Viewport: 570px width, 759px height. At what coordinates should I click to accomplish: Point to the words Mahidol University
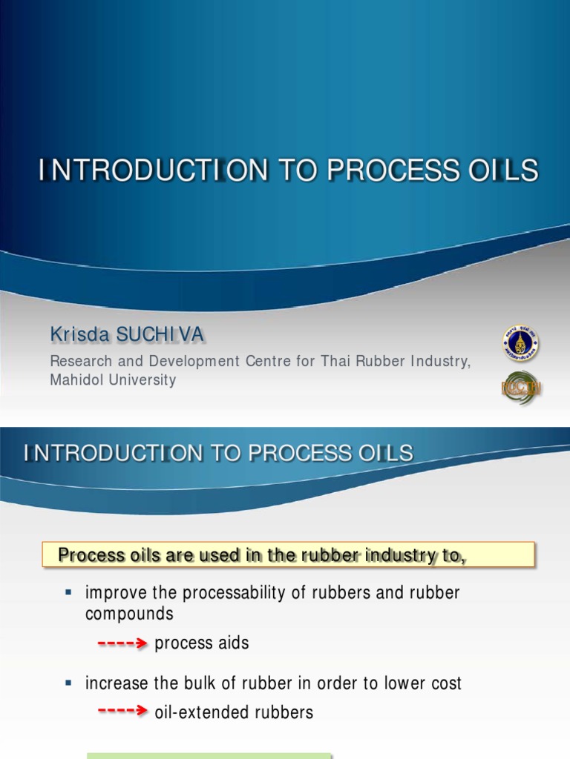point(113,380)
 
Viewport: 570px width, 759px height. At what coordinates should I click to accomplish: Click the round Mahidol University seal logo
point(520,344)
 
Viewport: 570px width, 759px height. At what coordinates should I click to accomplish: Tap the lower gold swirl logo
point(520,388)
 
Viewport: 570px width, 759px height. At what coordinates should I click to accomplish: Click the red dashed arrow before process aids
point(123,644)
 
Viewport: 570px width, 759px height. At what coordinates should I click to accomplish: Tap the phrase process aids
point(202,643)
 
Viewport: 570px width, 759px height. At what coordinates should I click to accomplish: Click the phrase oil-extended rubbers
point(234,712)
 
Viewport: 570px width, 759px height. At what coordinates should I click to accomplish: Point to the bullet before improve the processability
point(68,592)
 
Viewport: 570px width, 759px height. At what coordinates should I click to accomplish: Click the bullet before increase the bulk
point(68,681)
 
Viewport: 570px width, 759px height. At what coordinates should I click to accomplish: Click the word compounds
point(129,614)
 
